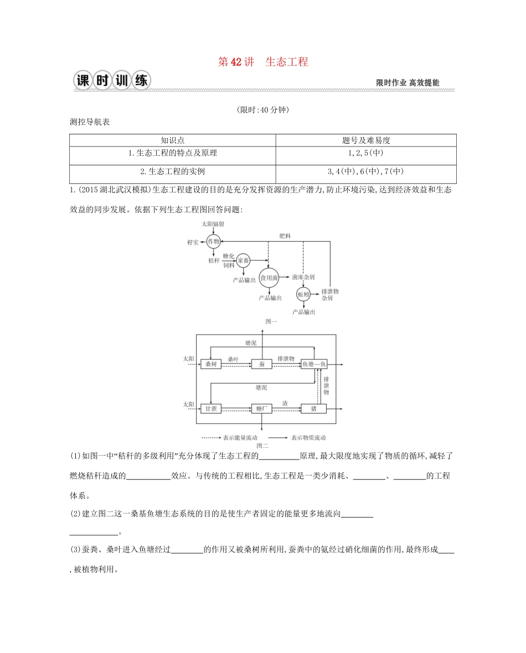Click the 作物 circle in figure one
(x=214, y=241)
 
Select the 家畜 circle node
(x=243, y=260)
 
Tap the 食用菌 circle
(x=269, y=278)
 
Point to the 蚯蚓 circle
(x=303, y=295)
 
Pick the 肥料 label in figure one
(x=285, y=236)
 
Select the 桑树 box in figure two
(x=210, y=364)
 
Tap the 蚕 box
(x=261, y=364)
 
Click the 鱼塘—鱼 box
(x=314, y=364)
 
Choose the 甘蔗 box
(x=210, y=409)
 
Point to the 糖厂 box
(x=261, y=409)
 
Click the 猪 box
(x=313, y=409)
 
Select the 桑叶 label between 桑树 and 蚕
(x=233, y=359)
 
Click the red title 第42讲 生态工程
(x=263, y=62)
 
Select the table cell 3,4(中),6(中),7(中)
(x=365, y=171)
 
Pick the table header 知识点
(x=172, y=140)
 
